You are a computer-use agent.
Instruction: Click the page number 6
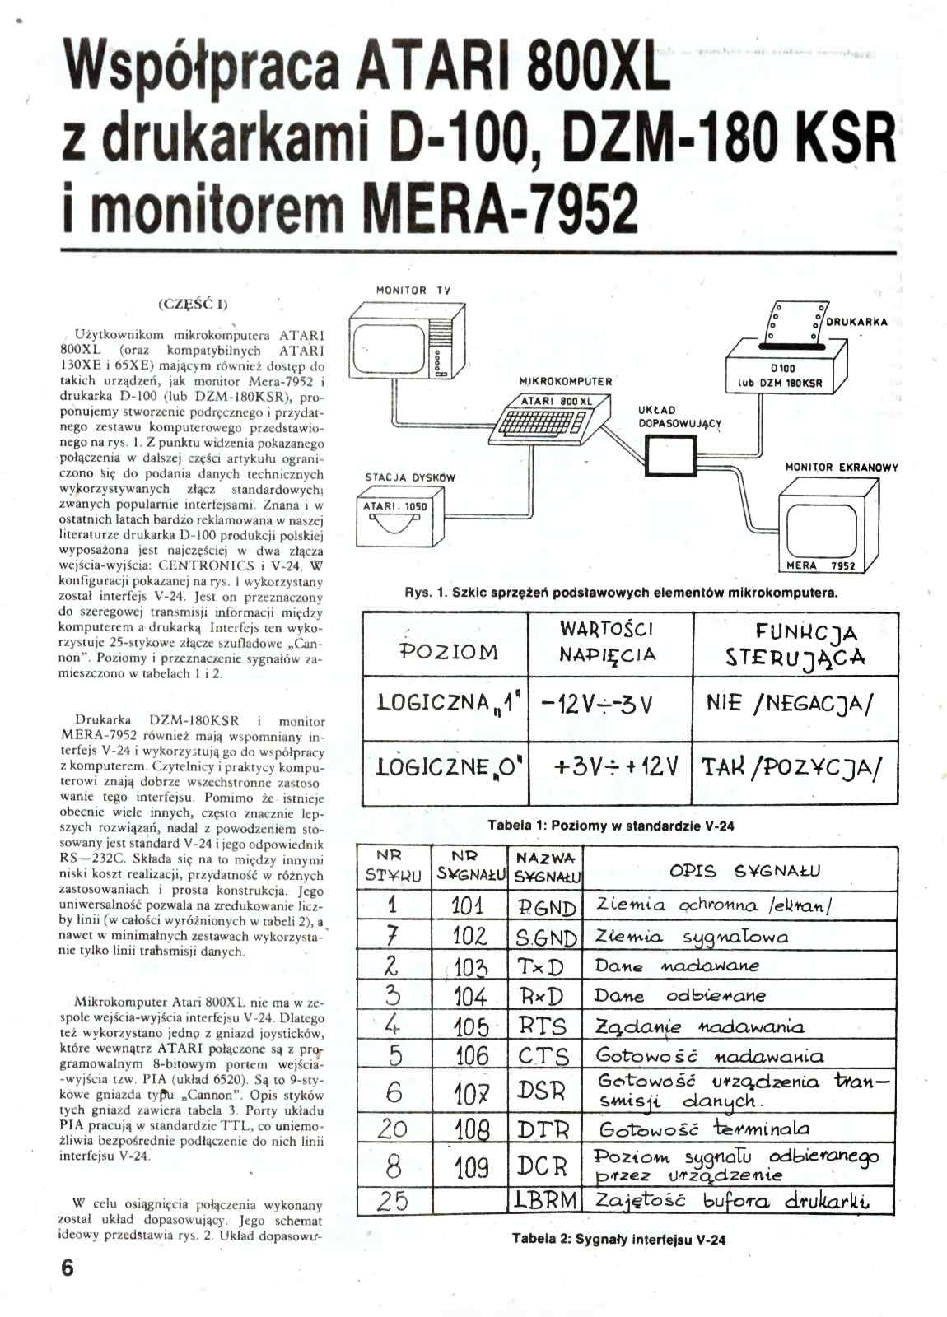click(68, 1268)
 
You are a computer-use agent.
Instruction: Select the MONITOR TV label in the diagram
click(413, 291)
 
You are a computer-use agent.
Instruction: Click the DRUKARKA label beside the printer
click(856, 322)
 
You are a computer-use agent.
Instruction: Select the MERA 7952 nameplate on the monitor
click(820, 565)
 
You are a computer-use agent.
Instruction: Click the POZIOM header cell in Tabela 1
click(448, 652)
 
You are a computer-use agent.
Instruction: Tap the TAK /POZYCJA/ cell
click(792, 768)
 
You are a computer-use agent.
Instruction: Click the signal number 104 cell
click(470, 997)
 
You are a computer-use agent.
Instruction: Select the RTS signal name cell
click(543, 1026)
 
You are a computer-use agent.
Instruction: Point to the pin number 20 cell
click(393, 1129)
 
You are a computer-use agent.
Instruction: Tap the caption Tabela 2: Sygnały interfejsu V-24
click(618, 1238)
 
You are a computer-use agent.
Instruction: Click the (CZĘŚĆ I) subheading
click(193, 303)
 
